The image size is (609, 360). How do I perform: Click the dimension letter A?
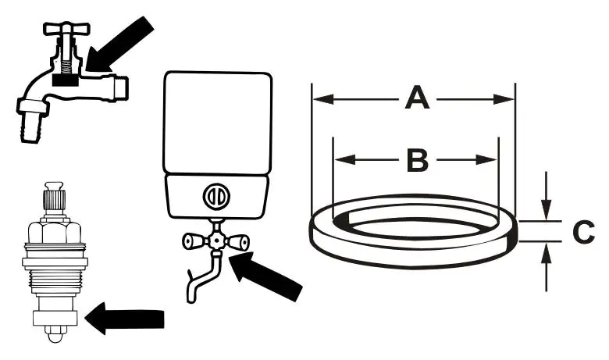(418, 100)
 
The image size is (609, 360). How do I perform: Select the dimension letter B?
(418, 160)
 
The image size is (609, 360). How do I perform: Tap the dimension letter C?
(584, 232)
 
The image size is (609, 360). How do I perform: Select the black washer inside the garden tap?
(66, 79)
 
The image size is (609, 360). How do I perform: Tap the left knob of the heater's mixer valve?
(189, 243)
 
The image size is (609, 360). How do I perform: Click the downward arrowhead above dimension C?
(547, 209)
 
